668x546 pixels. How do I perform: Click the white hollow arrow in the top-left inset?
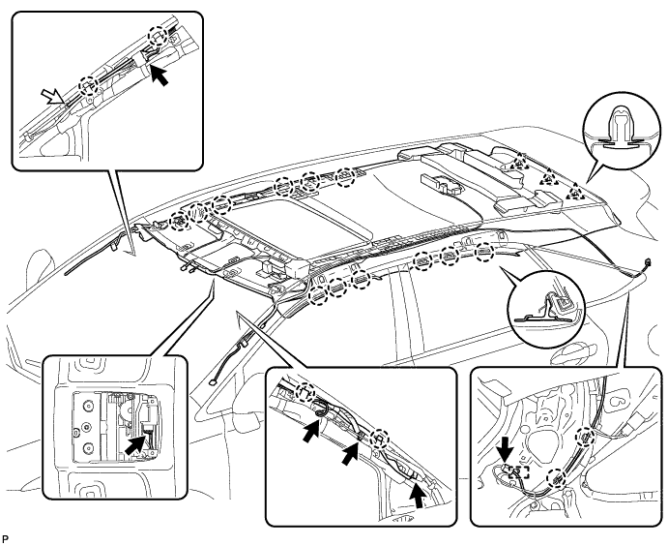pyautogui.click(x=54, y=96)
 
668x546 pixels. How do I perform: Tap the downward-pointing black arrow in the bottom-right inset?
pyautogui.click(x=507, y=457)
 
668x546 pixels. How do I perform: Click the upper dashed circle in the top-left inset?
pyautogui.click(x=157, y=35)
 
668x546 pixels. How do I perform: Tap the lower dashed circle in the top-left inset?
pyautogui.click(x=89, y=86)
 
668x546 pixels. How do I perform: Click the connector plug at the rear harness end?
pyautogui.click(x=648, y=264)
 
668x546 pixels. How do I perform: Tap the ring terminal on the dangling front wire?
pyautogui.click(x=212, y=382)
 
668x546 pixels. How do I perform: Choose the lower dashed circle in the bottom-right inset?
pyautogui.click(x=557, y=479)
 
